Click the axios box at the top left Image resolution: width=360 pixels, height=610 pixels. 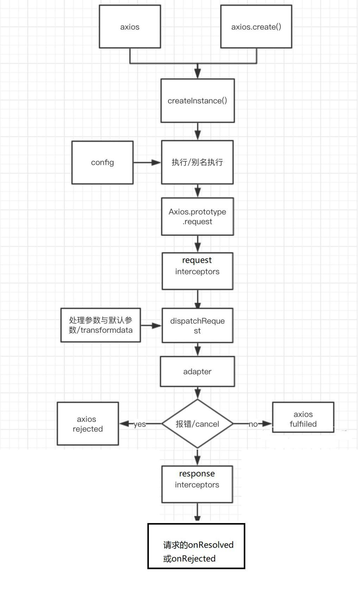[130, 27]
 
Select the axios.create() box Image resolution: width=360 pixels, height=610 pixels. [256, 27]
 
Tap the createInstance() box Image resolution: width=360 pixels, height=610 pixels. [197, 101]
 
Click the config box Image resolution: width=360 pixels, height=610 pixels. [102, 163]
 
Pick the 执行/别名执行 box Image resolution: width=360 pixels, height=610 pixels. [197, 162]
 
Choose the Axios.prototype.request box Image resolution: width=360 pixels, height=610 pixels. [197, 216]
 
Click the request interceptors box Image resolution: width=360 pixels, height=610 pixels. [197, 271]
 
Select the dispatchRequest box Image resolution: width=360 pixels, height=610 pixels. [197, 325]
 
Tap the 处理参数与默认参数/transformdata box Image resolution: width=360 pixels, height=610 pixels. [101, 325]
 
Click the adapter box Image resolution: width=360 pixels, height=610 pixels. [197, 371]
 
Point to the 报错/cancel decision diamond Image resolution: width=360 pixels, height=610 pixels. [197, 424]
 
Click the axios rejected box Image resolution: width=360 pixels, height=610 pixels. [88, 424]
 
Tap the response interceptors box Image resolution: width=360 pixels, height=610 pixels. [197, 484]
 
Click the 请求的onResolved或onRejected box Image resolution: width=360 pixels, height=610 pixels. [196, 546]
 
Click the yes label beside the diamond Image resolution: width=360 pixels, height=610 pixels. [140, 424]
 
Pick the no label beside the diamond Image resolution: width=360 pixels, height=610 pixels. [253, 424]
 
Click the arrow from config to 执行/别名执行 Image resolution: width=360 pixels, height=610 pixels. [147, 163]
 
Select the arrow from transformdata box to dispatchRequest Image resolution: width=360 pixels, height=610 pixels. [151, 326]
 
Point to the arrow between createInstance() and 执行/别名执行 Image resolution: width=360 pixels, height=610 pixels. [198, 132]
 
